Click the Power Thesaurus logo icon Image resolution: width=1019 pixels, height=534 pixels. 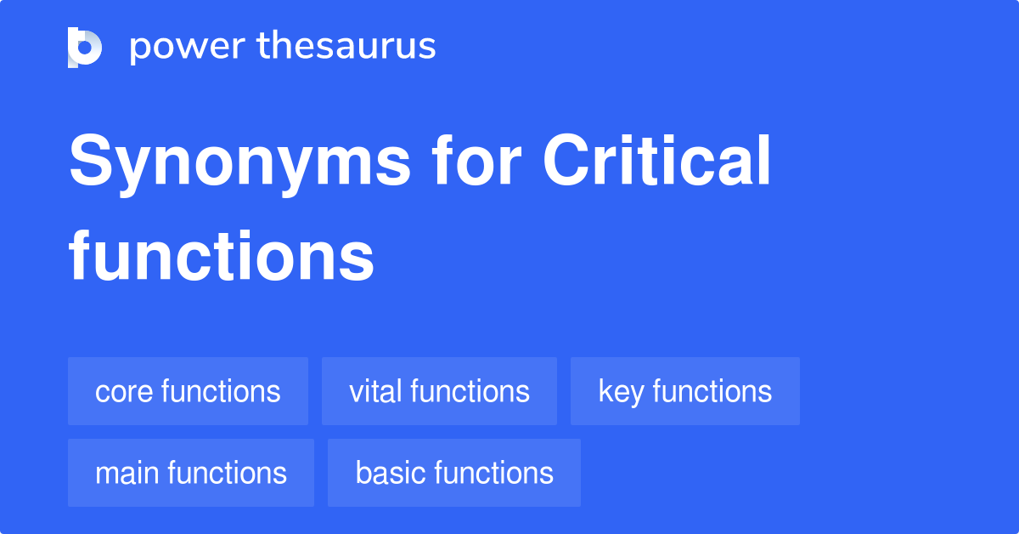[85, 47]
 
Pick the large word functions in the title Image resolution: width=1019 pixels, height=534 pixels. [222, 257]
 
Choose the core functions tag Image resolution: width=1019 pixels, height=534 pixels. [188, 391]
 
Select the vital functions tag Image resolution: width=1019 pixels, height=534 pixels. [439, 391]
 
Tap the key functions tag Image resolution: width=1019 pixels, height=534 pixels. [684, 391]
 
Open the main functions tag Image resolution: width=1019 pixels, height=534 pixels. [191, 473]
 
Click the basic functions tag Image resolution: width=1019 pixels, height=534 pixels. [454, 473]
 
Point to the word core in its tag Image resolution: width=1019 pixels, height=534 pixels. [124, 392]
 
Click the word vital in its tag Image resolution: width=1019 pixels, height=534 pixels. [375, 391]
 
